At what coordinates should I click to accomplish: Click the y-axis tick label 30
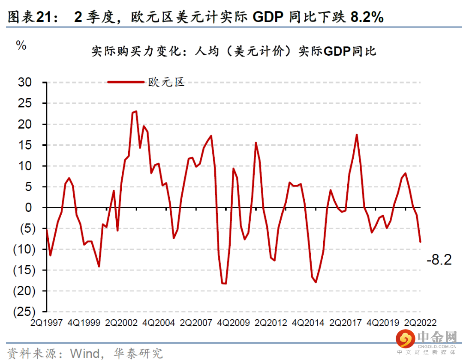pos(25,83)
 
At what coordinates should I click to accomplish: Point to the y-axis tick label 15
pos(25,145)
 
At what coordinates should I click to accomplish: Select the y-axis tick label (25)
pos(23,312)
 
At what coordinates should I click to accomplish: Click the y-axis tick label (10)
pos(23,249)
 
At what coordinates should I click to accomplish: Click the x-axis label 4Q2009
pos(234,323)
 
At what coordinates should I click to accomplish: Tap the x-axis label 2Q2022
pos(421,323)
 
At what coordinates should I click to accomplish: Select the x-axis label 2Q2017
pos(346,323)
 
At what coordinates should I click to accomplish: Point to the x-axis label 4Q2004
pos(159,323)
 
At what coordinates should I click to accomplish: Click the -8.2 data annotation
pos(439,260)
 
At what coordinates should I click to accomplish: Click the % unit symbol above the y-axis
pos(21,46)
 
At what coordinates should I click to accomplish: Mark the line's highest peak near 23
pos(136,111)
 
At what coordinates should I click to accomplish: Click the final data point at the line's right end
pos(420,242)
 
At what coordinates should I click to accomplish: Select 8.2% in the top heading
pos(367,17)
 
